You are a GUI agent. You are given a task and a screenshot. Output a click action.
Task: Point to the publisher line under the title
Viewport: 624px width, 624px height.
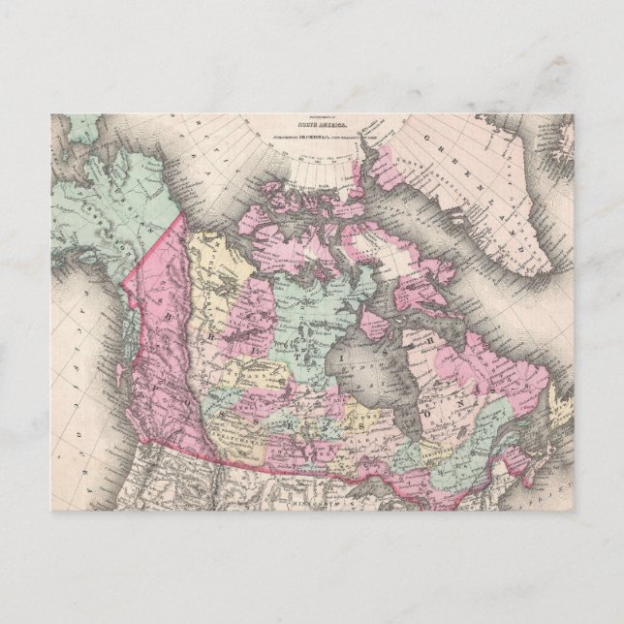click(x=313, y=143)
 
